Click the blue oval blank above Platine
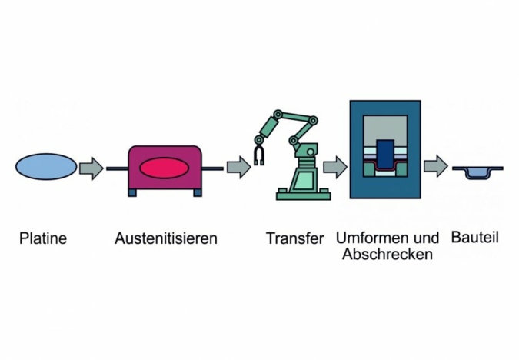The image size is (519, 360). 46,166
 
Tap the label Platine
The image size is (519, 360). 43,238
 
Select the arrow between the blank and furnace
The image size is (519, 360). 91,168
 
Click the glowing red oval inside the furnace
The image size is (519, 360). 165,168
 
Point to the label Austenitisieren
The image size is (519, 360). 165,238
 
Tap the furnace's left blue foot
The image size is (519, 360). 132,192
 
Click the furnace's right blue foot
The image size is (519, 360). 197,192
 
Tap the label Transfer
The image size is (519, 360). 295,238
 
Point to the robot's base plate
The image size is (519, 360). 303,195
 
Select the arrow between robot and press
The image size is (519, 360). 334,167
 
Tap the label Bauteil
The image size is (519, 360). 476,238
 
